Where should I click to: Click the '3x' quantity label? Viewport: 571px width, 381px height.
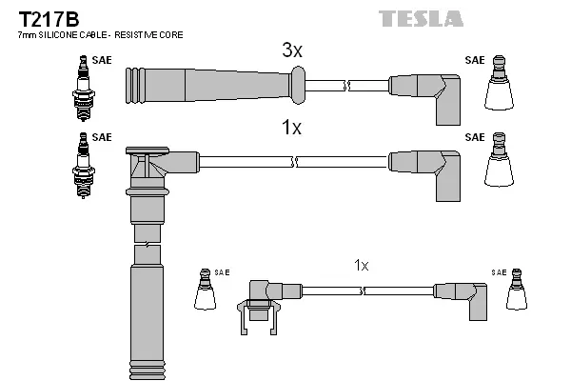[292, 51]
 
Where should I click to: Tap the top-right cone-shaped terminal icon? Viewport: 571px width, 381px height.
[499, 87]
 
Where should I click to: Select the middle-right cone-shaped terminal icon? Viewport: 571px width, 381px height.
[499, 164]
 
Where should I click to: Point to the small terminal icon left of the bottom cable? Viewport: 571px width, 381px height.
[204, 291]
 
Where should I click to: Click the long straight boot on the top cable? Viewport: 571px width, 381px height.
[209, 85]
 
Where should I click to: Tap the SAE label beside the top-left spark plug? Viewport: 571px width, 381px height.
[102, 60]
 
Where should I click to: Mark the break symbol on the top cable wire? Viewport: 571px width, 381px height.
[349, 85]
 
